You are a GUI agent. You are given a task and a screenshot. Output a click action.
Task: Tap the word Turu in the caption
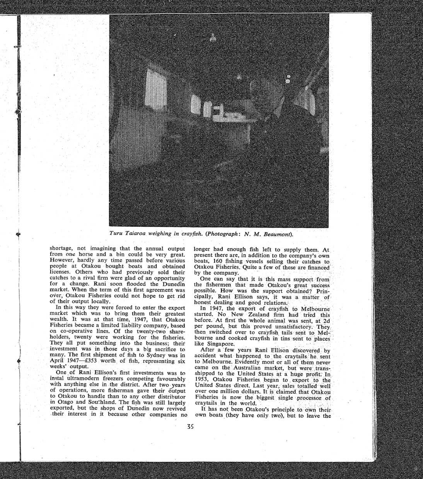pos(116,234)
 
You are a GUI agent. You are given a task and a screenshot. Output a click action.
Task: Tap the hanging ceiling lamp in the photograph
pos(212,38)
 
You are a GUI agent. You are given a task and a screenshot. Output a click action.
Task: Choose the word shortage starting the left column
pos(62,248)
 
